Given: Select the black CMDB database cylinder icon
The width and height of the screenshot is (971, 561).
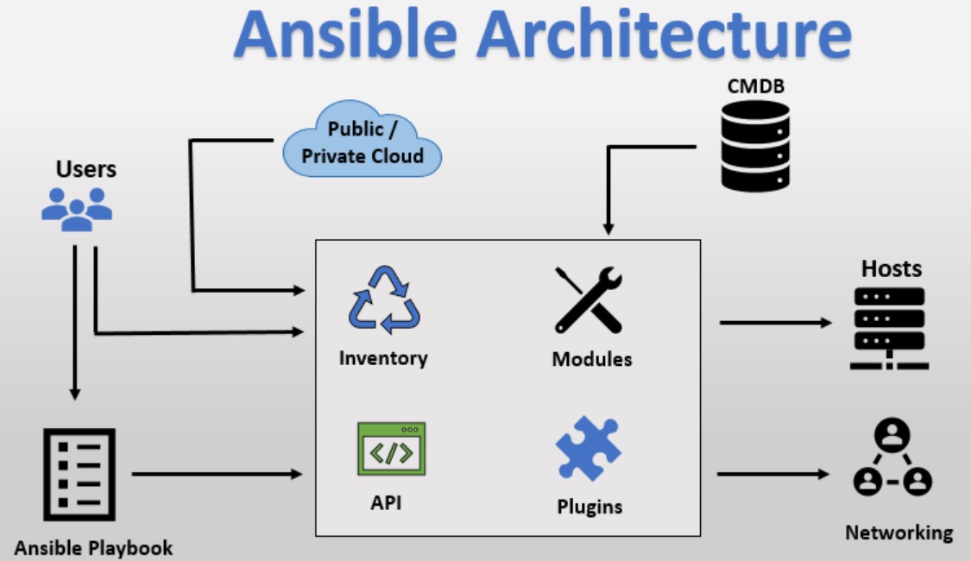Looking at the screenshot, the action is (755, 146).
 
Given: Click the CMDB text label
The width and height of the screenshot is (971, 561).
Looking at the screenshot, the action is (755, 86).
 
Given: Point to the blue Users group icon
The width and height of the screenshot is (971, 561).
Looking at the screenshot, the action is (77, 209).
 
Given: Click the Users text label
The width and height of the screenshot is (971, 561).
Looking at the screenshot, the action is (86, 169).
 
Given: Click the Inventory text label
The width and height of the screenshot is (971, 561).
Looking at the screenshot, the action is (383, 358).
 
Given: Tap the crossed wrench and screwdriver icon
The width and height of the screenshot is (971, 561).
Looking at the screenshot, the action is (589, 299).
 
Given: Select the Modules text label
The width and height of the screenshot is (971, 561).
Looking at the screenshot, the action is (592, 359).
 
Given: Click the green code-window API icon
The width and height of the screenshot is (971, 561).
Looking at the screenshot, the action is (391, 449).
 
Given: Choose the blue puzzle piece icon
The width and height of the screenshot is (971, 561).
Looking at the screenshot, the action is (588, 449).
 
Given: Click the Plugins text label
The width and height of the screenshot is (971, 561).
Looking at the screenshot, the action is (590, 507).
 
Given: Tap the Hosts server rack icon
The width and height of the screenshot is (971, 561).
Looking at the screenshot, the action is (889, 329).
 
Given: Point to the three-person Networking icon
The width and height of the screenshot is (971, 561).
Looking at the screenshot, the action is (892, 457).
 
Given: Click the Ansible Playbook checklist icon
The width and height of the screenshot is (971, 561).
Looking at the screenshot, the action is (79, 475).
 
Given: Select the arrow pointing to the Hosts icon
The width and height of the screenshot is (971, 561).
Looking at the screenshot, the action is (776, 323).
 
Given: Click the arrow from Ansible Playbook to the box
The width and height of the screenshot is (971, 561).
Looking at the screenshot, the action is (218, 475).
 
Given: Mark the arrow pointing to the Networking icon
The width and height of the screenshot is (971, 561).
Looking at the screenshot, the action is (773, 475).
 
